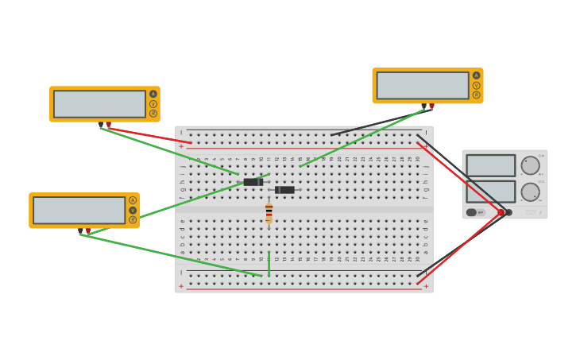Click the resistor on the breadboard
pyautogui.click(x=269, y=213)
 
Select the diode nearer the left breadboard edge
pyautogui.click(x=253, y=182)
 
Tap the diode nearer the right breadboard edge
pyautogui.click(x=284, y=190)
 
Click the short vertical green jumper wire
pyautogui.click(x=269, y=264)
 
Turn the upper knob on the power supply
pyautogui.click(x=530, y=165)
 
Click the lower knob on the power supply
pyautogui.click(x=530, y=192)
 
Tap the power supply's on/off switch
pyautogui.click(x=476, y=212)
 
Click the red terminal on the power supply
pyautogui.click(x=501, y=212)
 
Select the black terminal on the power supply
pyautogui.click(x=509, y=212)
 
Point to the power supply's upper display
pyautogui.click(x=490, y=165)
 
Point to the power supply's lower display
pyautogui.click(x=490, y=192)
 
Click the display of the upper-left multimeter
pyautogui.click(x=99, y=104)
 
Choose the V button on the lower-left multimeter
pyautogui.click(x=133, y=211)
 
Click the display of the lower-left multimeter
pyautogui.click(x=79, y=211)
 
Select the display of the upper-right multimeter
pyautogui.click(x=423, y=86)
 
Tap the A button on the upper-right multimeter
pyautogui.click(x=477, y=75)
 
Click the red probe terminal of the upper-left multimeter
pyautogui.click(x=109, y=125)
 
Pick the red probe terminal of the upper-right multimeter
pyautogui.click(x=432, y=106)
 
